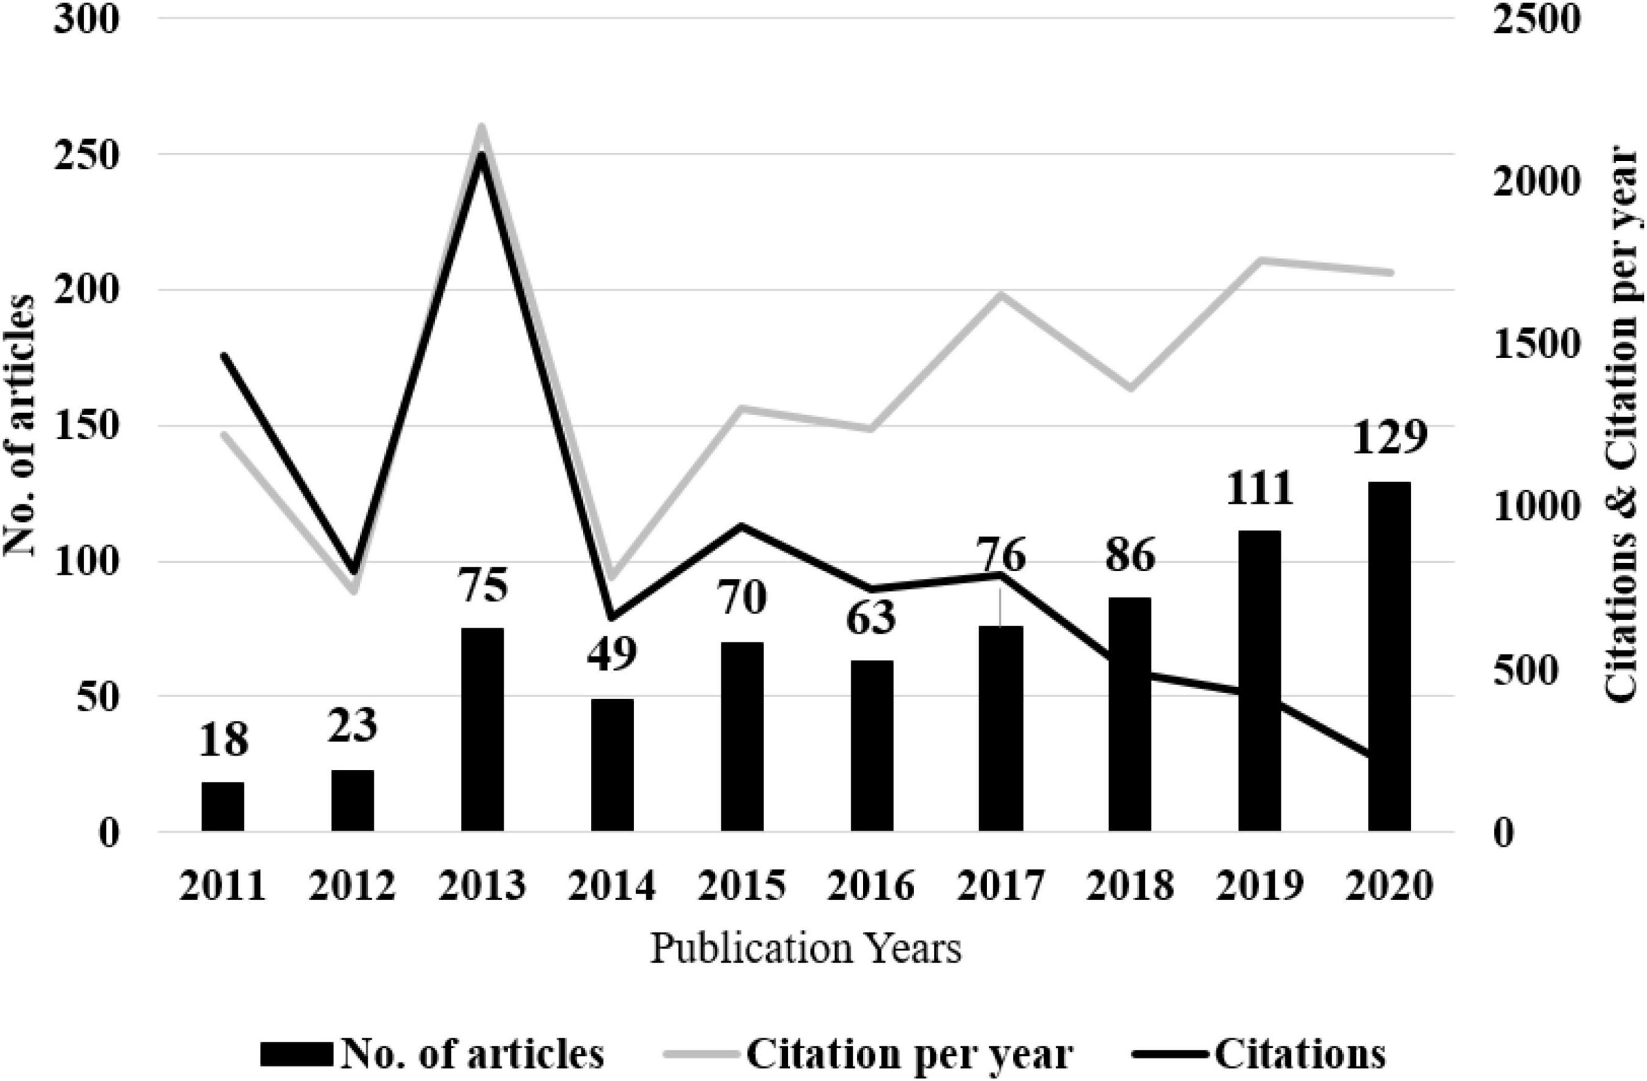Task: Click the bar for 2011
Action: [223, 806]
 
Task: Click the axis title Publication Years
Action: [806, 949]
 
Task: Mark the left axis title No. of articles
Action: [21, 426]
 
